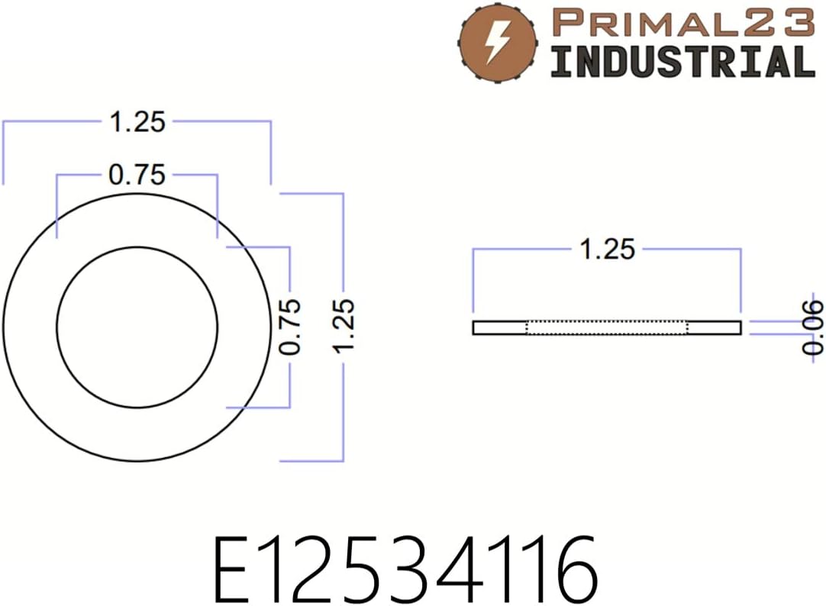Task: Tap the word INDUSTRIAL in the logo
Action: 682,61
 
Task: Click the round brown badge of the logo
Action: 498,40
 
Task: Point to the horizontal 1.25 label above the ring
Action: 137,122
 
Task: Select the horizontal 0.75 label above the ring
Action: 137,176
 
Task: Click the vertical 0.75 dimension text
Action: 291,327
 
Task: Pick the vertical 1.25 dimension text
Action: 344,327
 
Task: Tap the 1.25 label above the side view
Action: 608,250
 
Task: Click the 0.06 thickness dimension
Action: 815,327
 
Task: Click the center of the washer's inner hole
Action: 137,327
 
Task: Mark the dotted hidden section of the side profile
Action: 608,327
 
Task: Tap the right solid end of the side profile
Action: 715,327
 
